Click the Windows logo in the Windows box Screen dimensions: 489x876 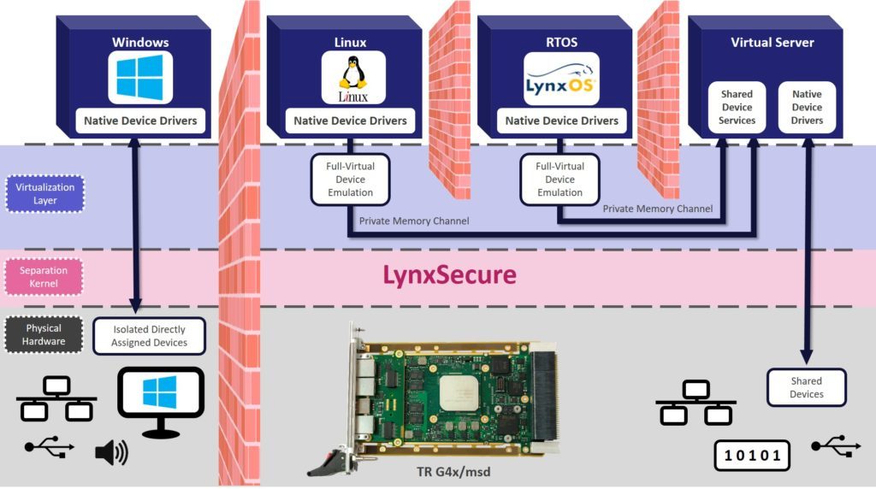[139, 76]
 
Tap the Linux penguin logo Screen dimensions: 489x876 [352, 76]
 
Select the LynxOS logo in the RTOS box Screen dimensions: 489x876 [561, 79]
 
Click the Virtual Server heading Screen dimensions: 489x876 [772, 42]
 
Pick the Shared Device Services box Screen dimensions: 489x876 [737, 108]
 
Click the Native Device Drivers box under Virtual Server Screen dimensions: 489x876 [806, 108]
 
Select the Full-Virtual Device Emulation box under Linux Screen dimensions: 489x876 [350, 180]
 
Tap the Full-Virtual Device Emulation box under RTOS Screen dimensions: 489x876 [559, 180]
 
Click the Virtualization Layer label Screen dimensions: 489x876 [44, 193]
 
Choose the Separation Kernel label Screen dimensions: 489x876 [44, 277]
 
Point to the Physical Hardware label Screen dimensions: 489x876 [44, 335]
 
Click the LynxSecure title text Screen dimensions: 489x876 [449, 275]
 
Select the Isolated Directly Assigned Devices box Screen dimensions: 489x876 [149, 336]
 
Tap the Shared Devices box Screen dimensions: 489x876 [806, 387]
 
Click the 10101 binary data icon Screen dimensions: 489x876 [753, 455]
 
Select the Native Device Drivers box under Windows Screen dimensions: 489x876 [140, 121]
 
